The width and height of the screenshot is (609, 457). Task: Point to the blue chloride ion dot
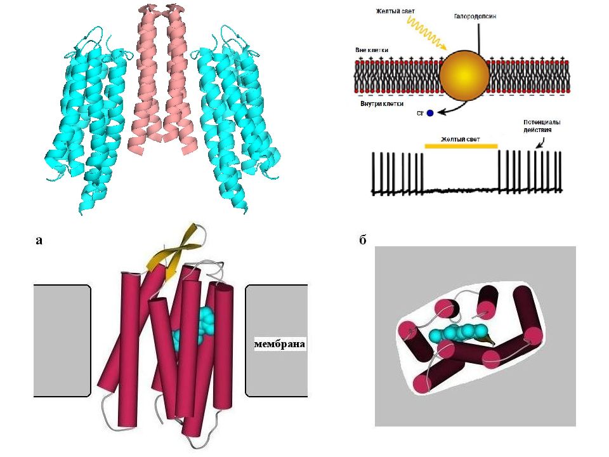pyautogui.click(x=430, y=113)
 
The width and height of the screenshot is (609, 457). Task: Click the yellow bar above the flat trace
pyautogui.click(x=461, y=146)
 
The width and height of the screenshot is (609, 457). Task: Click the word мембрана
pyautogui.click(x=279, y=345)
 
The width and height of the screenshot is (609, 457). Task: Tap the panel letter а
pyautogui.click(x=40, y=240)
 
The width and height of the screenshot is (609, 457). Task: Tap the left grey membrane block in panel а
pyautogui.click(x=62, y=339)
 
